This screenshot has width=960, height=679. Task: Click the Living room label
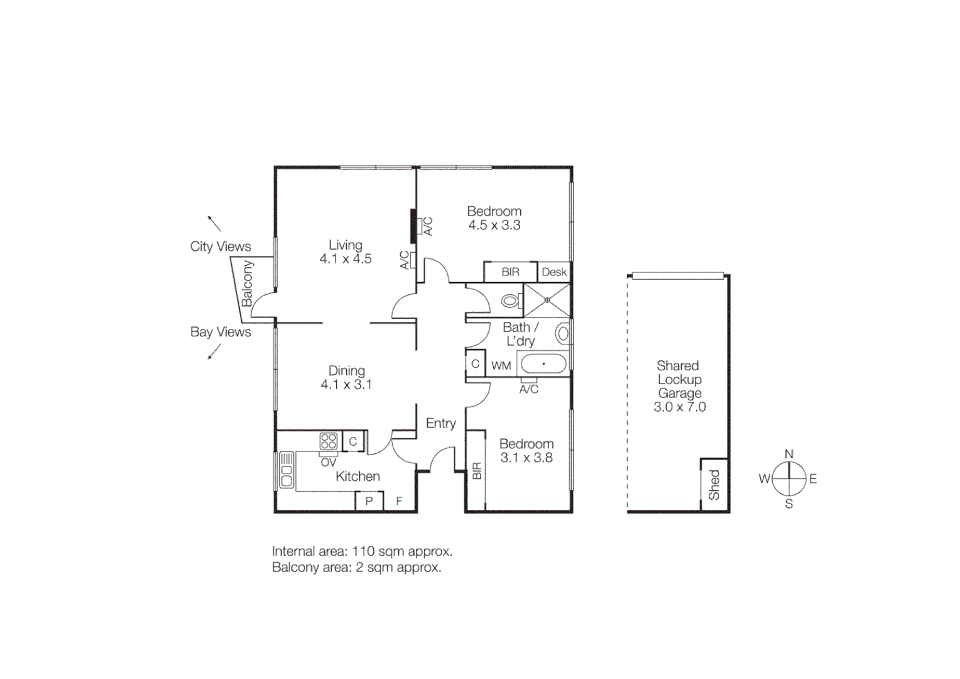click(x=346, y=245)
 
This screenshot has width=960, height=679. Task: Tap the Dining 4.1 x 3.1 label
click(x=346, y=378)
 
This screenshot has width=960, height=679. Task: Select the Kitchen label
click(x=357, y=477)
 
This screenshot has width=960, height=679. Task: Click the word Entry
click(x=440, y=423)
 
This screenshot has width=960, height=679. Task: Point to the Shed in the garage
click(x=714, y=485)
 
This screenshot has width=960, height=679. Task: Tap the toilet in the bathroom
click(x=511, y=301)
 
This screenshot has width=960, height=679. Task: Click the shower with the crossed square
click(x=547, y=301)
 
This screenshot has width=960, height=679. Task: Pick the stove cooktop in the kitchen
click(x=329, y=441)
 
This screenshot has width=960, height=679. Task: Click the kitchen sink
click(x=286, y=470)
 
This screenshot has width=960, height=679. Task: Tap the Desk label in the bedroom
click(x=554, y=272)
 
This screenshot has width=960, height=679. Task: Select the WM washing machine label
click(x=501, y=365)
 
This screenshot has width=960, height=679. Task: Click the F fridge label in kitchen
click(x=399, y=502)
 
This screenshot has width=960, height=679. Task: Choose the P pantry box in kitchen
click(x=369, y=502)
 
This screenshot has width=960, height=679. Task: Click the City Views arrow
click(x=214, y=223)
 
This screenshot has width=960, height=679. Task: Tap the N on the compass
click(x=789, y=454)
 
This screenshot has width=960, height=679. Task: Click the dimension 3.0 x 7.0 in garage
click(x=679, y=407)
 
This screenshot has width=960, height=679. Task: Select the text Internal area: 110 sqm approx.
click(x=362, y=551)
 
